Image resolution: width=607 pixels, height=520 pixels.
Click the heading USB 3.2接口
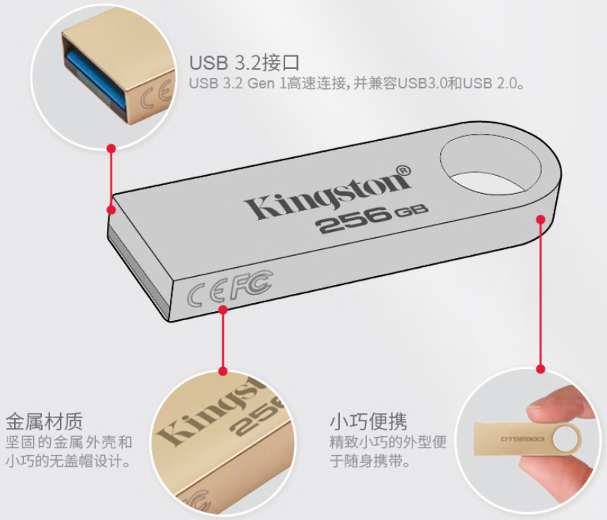pos(244,62)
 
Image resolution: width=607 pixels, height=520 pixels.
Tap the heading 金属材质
pos(44,421)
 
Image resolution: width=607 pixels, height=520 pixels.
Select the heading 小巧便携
pos(368,421)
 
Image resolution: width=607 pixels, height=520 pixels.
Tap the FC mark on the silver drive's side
pos(251,285)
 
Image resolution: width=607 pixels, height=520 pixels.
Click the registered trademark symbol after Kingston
pos(403,171)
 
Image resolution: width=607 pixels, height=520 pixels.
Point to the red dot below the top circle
pos(112,149)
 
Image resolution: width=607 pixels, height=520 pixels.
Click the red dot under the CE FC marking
pos(222,310)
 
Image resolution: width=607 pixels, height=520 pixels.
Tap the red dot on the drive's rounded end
pos(541,219)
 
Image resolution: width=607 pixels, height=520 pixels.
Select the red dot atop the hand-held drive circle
pos(541,369)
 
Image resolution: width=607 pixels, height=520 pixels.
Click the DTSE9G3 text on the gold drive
pos(522,439)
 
